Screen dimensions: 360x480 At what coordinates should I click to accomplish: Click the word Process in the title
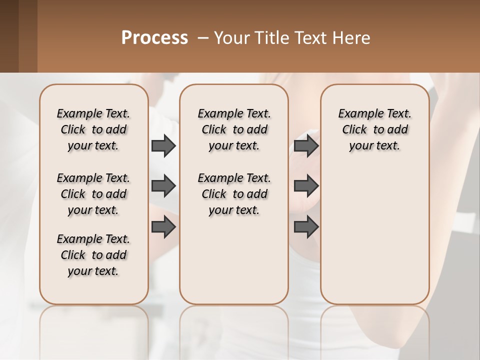point(154,37)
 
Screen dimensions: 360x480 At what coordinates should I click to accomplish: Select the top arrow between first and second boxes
point(163,145)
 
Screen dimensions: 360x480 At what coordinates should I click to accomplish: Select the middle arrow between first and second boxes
point(163,186)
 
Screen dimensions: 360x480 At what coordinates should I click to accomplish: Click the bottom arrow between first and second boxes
point(163,226)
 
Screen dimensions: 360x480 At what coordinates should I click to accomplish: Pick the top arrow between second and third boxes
point(306,145)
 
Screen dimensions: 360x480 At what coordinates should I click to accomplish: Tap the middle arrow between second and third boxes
point(306,186)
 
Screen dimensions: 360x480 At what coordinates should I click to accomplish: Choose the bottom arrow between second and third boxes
point(306,226)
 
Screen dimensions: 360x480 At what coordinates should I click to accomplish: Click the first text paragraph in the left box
point(93,129)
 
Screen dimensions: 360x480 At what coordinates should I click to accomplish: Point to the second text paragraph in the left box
point(93,194)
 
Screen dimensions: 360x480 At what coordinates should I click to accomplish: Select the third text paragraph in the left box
point(93,255)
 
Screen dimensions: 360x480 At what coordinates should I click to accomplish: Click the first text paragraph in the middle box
point(234,129)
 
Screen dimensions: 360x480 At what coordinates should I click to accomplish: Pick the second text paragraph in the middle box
point(234,194)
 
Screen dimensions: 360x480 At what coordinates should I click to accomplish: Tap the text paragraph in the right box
point(375,129)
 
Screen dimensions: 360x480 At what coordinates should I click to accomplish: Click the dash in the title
point(203,38)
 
